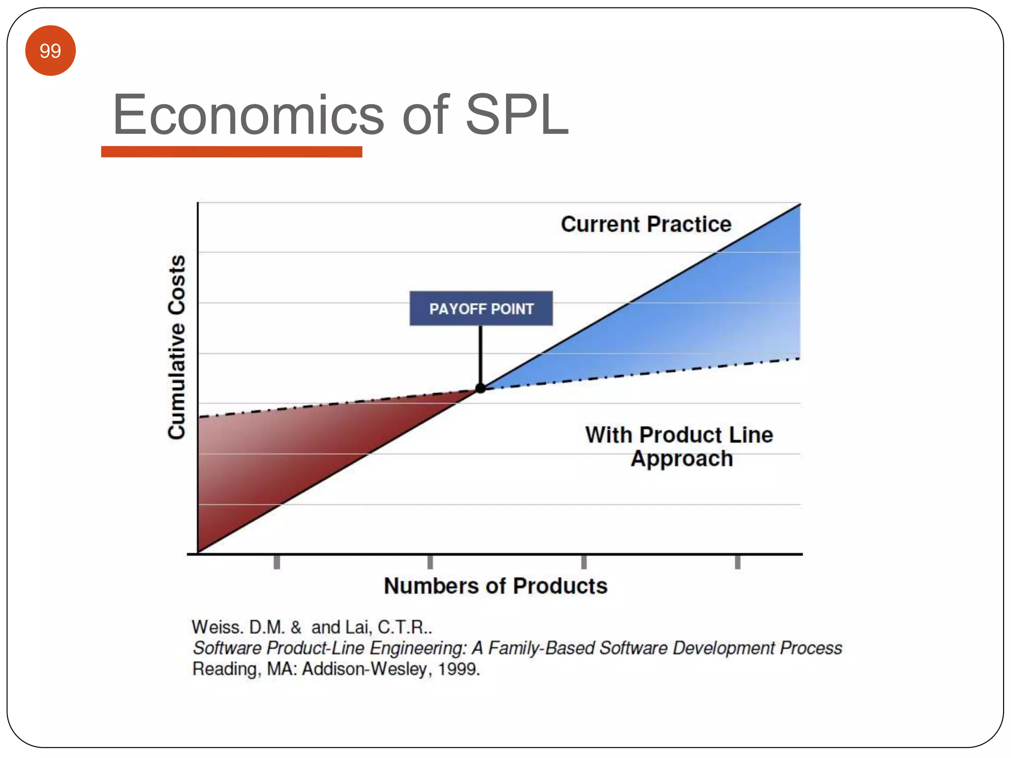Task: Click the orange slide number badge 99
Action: point(50,51)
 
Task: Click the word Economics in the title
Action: point(248,115)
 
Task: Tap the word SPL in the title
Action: point(517,114)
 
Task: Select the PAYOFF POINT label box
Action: point(481,308)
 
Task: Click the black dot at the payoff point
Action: point(480,388)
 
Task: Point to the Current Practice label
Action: point(646,225)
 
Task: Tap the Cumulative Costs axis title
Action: point(177,347)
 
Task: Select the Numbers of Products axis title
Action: point(496,586)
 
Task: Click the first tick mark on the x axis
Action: point(277,562)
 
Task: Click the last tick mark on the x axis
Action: point(738,562)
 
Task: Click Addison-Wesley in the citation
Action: point(364,669)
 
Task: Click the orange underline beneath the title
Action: point(232,152)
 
